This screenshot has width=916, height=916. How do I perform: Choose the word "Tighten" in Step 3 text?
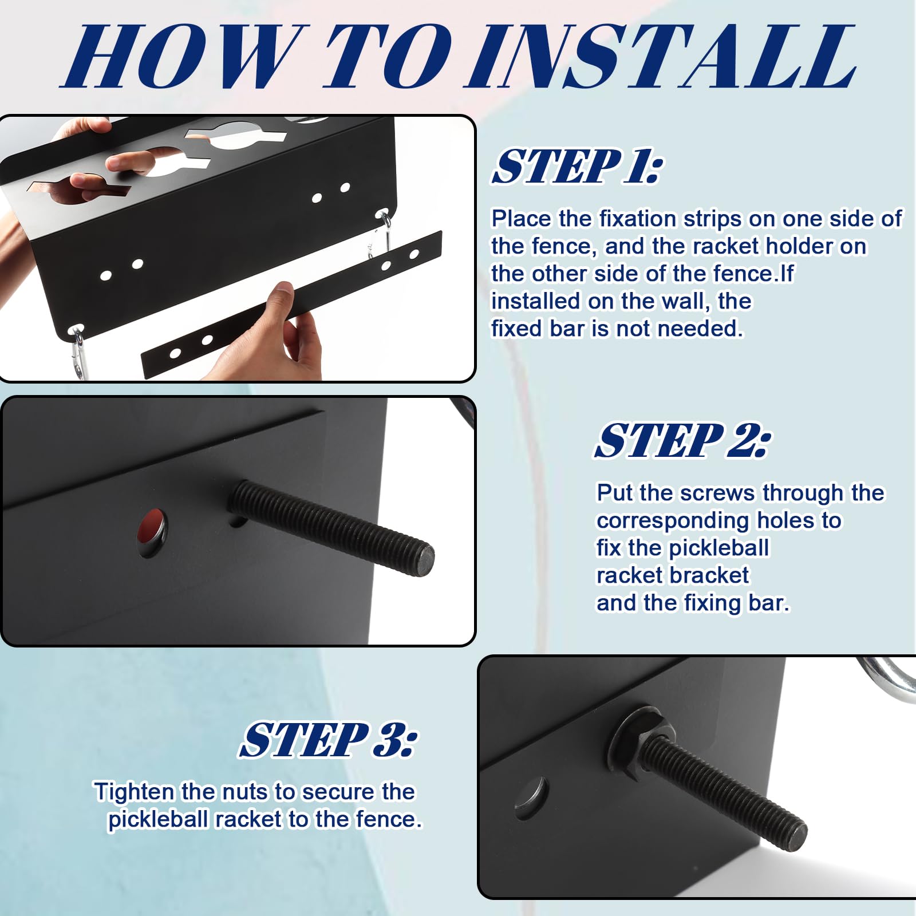134,792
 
